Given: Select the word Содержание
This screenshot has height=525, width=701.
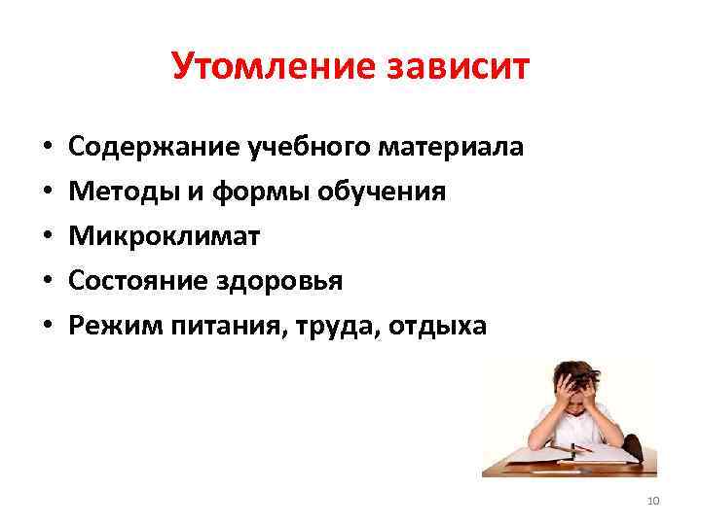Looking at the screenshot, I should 143,147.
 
